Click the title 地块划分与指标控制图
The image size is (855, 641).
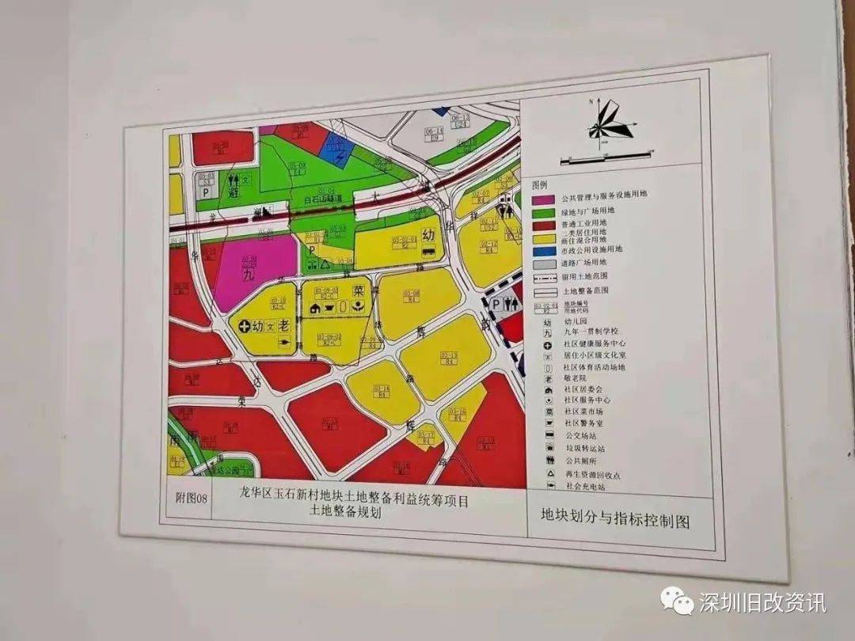point(615,521)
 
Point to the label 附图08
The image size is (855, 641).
point(190,498)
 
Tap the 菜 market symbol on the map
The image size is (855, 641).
point(358,290)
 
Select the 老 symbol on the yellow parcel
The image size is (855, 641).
point(284,324)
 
